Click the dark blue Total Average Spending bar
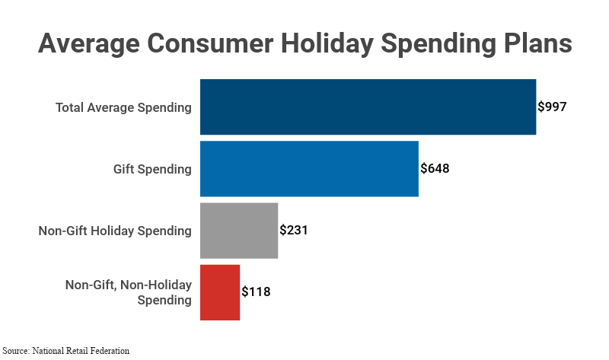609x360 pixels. click(x=368, y=107)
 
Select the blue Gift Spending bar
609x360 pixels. click(x=309, y=169)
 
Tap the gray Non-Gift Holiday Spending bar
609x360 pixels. click(x=239, y=231)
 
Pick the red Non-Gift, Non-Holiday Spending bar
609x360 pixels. click(x=220, y=292)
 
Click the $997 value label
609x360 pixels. click(x=552, y=107)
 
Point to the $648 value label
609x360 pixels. click(x=435, y=169)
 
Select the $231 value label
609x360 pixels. click(x=294, y=231)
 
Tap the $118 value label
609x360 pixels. click(x=256, y=292)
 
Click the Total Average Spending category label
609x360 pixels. click(x=123, y=107)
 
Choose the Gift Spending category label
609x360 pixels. click(x=148, y=169)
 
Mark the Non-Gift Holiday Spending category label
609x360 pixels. click(x=115, y=231)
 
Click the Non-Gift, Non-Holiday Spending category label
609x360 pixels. click(x=128, y=292)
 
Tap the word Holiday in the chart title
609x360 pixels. click(x=316, y=43)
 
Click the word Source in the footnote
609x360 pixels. click(x=16, y=351)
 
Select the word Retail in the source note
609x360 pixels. click(x=78, y=351)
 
